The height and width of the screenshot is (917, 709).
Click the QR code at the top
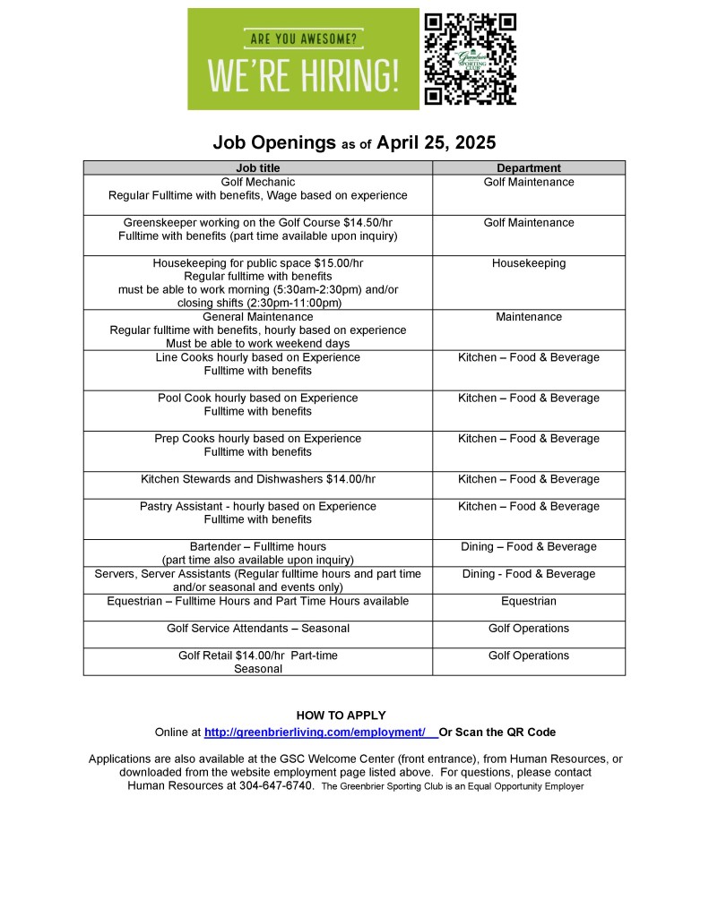[x=470, y=58]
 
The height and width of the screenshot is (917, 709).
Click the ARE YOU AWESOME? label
[x=303, y=39]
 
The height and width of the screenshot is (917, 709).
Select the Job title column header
[x=258, y=167]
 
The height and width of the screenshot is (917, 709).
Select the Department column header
[x=529, y=167]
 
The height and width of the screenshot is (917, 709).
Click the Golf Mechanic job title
[x=258, y=182]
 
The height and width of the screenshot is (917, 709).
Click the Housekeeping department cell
[x=529, y=263]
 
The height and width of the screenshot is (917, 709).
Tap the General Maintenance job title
[x=258, y=317]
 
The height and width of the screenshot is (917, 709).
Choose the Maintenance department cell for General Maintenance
[x=529, y=317]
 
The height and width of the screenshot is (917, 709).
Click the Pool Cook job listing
[x=258, y=398]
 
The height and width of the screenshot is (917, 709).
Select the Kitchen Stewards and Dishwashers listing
[x=258, y=479]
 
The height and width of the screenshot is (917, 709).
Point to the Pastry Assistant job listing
[x=258, y=506]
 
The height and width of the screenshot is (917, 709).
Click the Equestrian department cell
[x=529, y=601]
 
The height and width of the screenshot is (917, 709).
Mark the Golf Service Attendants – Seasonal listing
[x=258, y=629]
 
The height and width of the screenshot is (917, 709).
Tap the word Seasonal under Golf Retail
[x=258, y=669]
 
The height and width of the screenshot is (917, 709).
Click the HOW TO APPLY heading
[x=341, y=715]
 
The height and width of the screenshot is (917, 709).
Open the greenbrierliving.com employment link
[x=315, y=733]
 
